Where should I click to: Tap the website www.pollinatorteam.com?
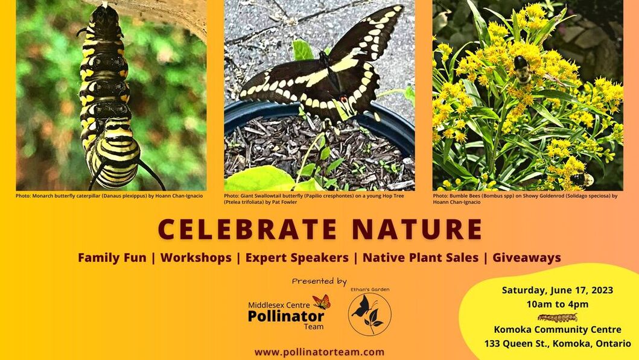pyautogui.click(x=319, y=352)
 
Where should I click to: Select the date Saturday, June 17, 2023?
pyautogui.click(x=557, y=291)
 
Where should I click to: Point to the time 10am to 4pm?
pyautogui.click(x=557, y=305)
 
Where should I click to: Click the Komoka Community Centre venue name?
pyautogui.click(x=557, y=330)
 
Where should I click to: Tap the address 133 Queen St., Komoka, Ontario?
pyautogui.click(x=557, y=344)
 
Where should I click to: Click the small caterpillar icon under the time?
pyautogui.click(x=557, y=317)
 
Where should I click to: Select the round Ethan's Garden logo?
pyautogui.click(x=369, y=314)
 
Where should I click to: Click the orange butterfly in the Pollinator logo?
pyautogui.click(x=322, y=302)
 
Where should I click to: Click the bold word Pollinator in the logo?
pyautogui.click(x=285, y=316)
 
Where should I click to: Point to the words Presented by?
pyautogui.click(x=319, y=281)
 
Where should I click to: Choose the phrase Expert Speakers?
pyautogui.click(x=297, y=257)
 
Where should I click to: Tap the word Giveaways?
pyautogui.click(x=527, y=257)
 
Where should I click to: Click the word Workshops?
pyautogui.click(x=196, y=257)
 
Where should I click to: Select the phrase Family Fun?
pyautogui.click(x=112, y=257)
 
